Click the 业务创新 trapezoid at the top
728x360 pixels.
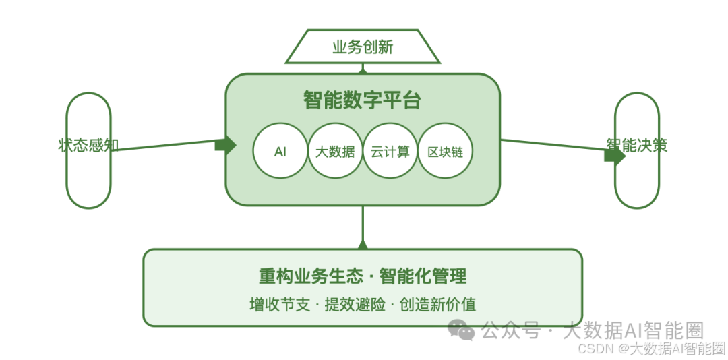tap(363, 47)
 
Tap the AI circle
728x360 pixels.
tap(280, 152)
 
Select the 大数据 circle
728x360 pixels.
tap(335, 152)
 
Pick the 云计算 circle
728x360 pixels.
tap(390, 152)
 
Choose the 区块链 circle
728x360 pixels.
tap(446, 152)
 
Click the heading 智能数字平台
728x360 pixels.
tap(363, 100)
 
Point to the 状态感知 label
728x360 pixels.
tap(88, 145)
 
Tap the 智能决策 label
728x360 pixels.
tap(636, 144)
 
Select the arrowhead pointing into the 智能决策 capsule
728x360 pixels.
tap(614, 155)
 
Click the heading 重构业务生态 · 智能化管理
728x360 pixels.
tap(363, 276)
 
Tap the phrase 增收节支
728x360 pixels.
tap(280, 304)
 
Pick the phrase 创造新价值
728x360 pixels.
tap(437, 304)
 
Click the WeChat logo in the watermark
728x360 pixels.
tap(462, 330)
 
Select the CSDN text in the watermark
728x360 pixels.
tap(594, 348)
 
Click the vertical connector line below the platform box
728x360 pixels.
tap(363, 222)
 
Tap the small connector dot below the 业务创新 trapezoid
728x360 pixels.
tap(363, 69)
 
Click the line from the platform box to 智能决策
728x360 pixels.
tap(553, 146)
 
